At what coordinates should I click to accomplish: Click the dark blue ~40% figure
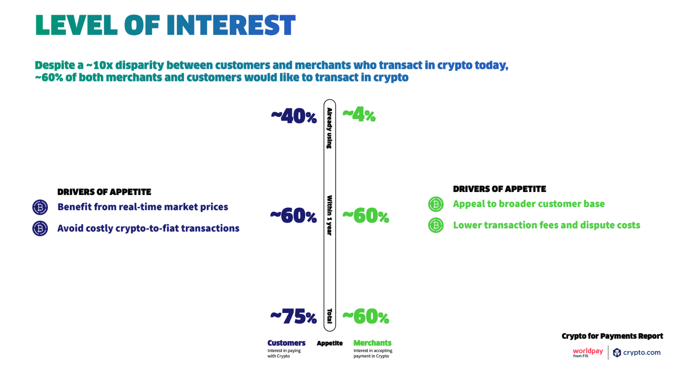pos(294,116)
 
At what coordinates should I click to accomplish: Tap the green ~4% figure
pos(359,115)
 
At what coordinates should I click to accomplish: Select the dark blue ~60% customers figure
pos(293,216)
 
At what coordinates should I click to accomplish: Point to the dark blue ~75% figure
pos(293,316)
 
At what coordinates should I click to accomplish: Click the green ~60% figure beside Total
pos(366,316)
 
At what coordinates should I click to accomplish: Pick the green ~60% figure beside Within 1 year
pos(366,216)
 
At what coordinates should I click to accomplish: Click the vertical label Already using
pos(330,128)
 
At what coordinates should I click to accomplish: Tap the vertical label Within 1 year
pos(330,216)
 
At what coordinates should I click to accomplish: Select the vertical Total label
pos(330,316)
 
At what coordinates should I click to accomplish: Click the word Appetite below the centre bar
pos(330,343)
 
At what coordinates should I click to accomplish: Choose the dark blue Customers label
pos(286,343)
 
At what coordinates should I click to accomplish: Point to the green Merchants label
pos(372,343)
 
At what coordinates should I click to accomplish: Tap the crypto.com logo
pos(637,352)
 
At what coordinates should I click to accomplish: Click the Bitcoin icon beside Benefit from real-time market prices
pos(40,207)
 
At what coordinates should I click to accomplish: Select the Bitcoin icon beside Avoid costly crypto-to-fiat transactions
pos(40,228)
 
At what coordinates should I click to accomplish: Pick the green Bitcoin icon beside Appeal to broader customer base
pos(436,204)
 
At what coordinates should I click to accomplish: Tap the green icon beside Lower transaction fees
pos(436,225)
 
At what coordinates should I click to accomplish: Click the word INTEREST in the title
pos(231,25)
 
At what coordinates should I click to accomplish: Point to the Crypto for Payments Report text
pos(612,336)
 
